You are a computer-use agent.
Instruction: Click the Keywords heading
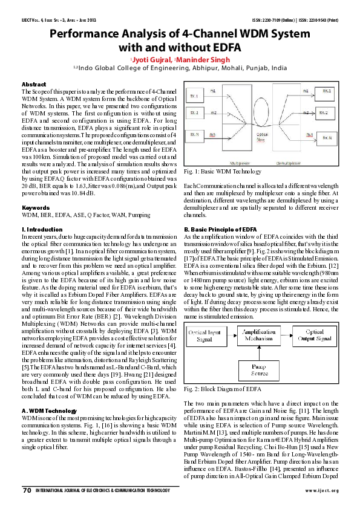tap(35, 207)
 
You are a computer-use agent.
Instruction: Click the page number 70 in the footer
tap(27, 489)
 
